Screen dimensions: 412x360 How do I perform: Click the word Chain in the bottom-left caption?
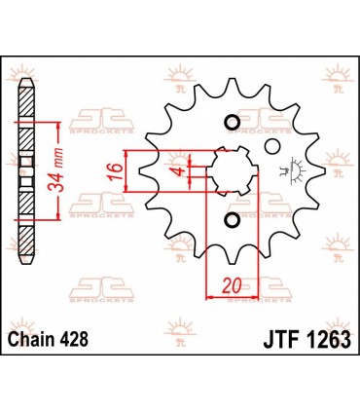[31, 337]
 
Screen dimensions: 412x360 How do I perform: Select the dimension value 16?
[113, 171]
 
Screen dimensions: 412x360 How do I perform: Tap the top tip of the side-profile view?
[28, 80]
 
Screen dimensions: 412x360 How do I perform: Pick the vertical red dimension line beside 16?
[126, 172]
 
